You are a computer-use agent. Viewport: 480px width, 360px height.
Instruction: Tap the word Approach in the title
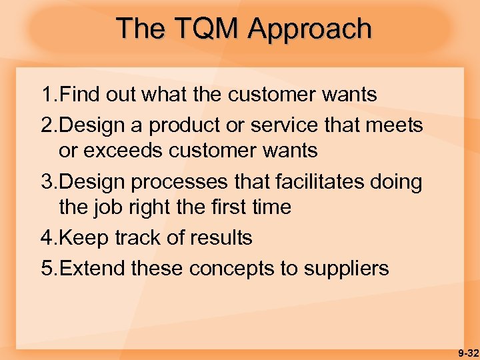309,29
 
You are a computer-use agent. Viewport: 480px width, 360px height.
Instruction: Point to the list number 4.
46,237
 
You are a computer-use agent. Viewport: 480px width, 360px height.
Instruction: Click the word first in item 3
218,207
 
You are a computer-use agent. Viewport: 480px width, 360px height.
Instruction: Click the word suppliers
347,269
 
